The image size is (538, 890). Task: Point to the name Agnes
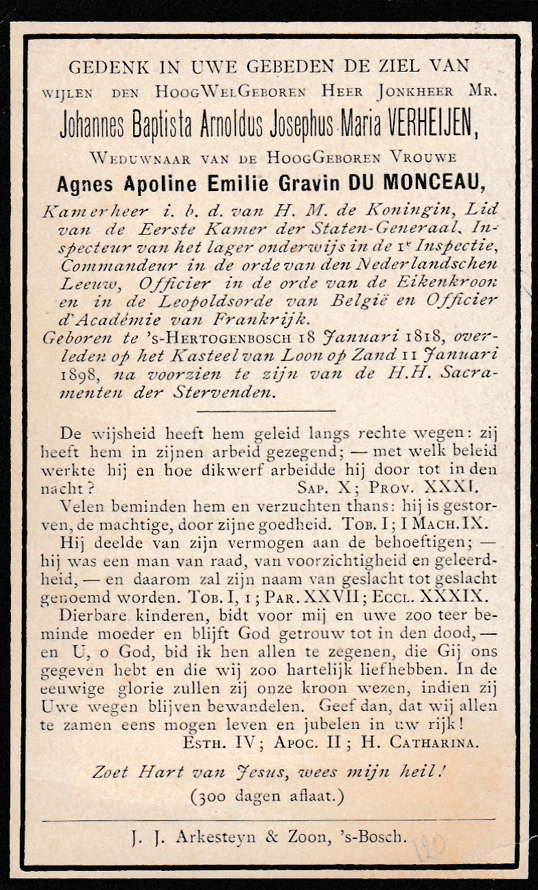(87, 182)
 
